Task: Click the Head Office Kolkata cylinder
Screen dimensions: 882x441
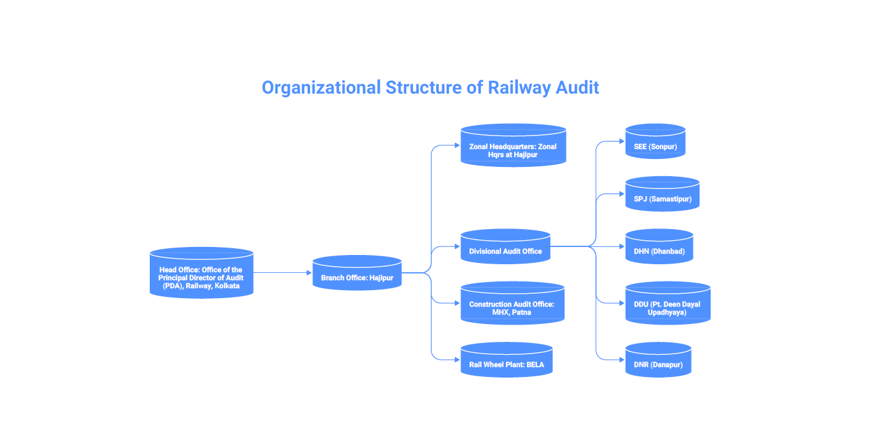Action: [201, 273]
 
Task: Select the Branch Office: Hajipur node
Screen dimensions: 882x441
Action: [357, 273]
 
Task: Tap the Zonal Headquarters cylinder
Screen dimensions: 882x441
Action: [513, 145]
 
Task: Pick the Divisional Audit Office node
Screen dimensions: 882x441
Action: [505, 246]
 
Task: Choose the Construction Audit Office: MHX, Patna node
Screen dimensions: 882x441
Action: [513, 303]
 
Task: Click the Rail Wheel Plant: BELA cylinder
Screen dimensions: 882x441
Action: [507, 360]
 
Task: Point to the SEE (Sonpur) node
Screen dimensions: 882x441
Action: [656, 141]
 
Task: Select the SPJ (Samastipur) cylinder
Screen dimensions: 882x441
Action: [663, 193]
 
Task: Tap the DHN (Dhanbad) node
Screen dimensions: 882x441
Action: [659, 246]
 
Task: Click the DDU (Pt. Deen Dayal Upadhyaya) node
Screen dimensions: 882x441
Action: [668, 303]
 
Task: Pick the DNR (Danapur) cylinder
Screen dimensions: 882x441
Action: [658, 360]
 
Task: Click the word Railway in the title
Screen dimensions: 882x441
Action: [520, 88]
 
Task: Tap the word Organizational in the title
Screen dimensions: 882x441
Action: [321, 88]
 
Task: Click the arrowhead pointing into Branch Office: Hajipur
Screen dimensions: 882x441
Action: [309, 273]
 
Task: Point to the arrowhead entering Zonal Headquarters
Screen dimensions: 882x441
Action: [457, 145]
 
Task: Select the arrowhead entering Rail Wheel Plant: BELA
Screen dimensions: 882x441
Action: [457, 360]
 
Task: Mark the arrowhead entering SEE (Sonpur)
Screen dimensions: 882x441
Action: [622, 141]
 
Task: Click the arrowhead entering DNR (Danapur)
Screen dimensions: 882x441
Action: [622, 360]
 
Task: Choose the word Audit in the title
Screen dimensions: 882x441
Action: [578, 87]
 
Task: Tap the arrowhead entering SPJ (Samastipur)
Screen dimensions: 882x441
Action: [622, 193]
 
